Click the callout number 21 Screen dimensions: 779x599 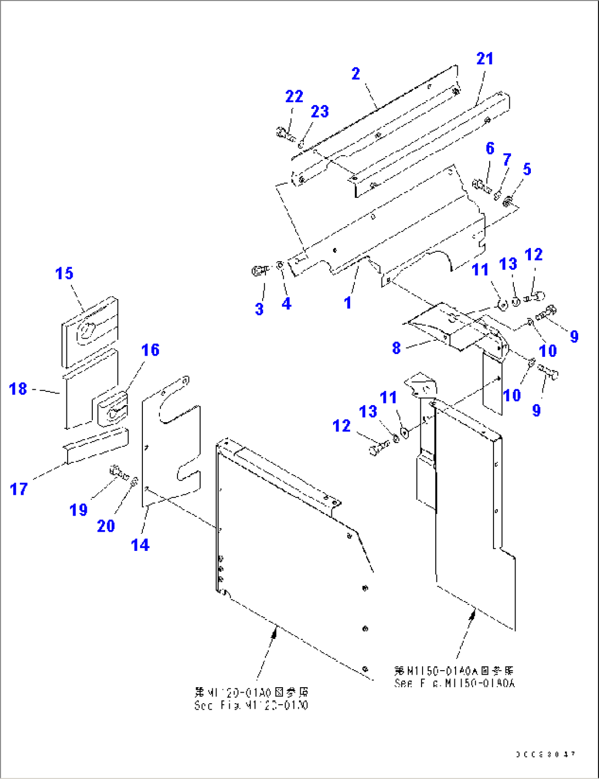click(x=485, y=59)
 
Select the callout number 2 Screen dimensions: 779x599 click(x=356, y=74)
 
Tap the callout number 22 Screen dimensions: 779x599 click(x=294, y=97)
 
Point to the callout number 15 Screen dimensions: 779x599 click(x=64, y=273)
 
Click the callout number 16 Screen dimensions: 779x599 click(x=150, y=350)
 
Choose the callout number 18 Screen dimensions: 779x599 click(x=18, y=389)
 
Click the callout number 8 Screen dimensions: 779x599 click(x=396, y=348)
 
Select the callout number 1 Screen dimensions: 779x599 click(x=347, y=302)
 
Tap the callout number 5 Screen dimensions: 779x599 click(x=527, y=169)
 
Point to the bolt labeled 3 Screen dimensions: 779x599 click(x=258, y=270)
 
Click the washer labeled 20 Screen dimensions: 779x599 click(x=134, y=482)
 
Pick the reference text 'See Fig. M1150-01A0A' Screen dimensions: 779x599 click(x=454, y=683)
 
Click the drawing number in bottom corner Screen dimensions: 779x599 click(x=545, y=754)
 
